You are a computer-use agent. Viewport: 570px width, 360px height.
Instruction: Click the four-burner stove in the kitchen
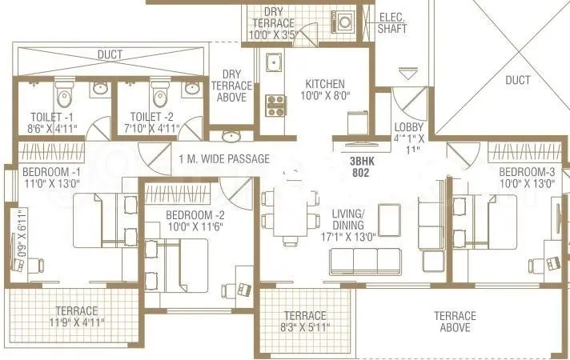pos(275,104)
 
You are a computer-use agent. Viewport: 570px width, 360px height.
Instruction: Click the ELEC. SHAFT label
pos(393,21)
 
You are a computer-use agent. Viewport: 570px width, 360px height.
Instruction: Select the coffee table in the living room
pos(390,216)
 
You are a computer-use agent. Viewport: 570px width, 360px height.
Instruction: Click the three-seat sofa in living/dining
pos(367,260)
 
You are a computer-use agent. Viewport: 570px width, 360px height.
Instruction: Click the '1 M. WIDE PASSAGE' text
pos(224,158)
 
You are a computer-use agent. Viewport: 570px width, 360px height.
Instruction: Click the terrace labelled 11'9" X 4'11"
pos(76,316)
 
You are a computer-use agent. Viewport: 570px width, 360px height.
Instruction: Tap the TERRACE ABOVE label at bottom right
pos(454,322)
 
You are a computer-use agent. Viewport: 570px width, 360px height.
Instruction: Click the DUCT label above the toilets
pos(110,54)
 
